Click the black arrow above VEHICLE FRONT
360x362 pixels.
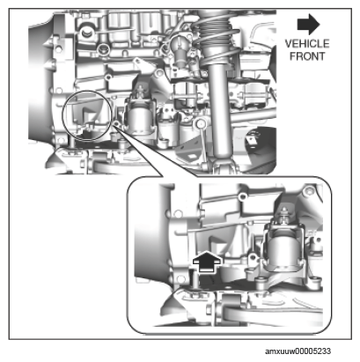(308, 24)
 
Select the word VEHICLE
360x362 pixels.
(307, 44)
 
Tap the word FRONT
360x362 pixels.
(307, 56)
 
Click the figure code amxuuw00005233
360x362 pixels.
(298, 351)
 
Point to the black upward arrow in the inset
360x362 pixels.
(207, 261)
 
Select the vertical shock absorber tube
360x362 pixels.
(221, 112)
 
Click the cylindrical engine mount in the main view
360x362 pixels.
(140, 119)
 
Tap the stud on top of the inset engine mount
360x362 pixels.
(284, 214)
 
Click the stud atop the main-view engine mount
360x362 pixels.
(141, 91)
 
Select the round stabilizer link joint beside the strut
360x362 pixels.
(201, 123)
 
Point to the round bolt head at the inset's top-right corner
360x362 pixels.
(308, 192)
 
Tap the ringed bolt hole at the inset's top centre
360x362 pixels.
(242, 196)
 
